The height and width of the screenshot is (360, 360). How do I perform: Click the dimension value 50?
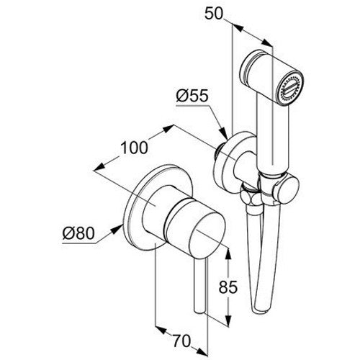(x=214, y=14)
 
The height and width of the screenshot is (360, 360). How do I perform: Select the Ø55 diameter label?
(x=192, y=96)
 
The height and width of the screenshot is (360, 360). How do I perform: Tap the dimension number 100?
(x=134, y=148)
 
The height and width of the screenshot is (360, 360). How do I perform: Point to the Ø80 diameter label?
(x=78, y=233)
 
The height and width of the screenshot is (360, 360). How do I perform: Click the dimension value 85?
(x=228, y=287)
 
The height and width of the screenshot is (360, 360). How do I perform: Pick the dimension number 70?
(x=182, y=341)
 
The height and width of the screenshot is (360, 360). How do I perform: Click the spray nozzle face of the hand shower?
(x=289, y=89)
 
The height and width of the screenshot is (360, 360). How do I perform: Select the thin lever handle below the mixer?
(x=200, y=286)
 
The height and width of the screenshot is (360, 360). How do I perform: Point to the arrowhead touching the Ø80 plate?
(x=117, y=229)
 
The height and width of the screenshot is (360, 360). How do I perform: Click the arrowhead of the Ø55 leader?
(x=224, y=134)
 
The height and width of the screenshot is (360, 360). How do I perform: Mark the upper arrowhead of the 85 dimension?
(x=228, y=254)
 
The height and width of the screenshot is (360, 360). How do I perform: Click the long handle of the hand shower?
(x=272, y=135)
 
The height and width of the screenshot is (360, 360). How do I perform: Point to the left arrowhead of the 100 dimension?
(x=99, y=167)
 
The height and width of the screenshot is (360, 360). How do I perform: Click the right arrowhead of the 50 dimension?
(x=267, y=43)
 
